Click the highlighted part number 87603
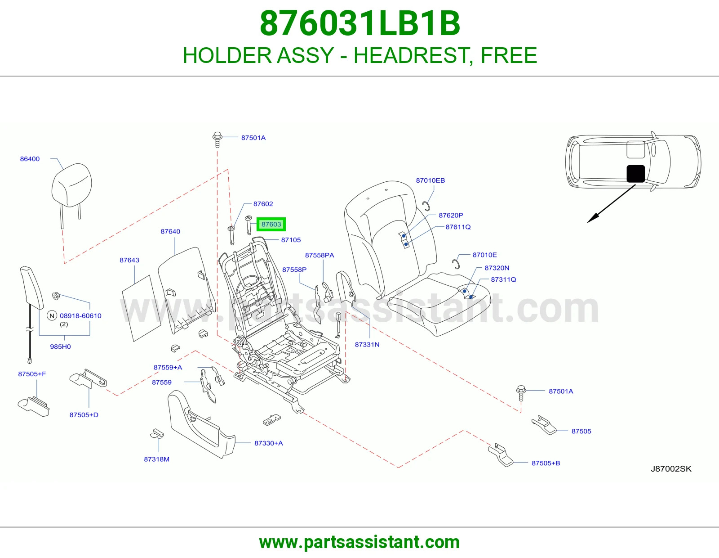tap(271, 225)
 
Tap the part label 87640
tap(170, 231)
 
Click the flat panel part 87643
tap(141, 308)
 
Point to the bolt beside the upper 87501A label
tap(217, 139)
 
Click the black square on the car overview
tap(635, 174)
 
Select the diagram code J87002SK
tap(671, 469)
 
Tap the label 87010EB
tap(430, 180)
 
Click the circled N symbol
tap(52, 316)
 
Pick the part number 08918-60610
tap(80, 316)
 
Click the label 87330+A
tap(269, 443)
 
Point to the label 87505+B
tap(546, 463)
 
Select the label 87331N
tap(367, 344)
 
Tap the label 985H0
tap(60, 346)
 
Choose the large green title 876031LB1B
tap(359, 23)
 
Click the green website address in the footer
tap(359, 542)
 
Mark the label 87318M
tap(156, 459)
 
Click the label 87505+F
tap(32, 374)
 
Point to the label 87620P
tap(451, 216)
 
